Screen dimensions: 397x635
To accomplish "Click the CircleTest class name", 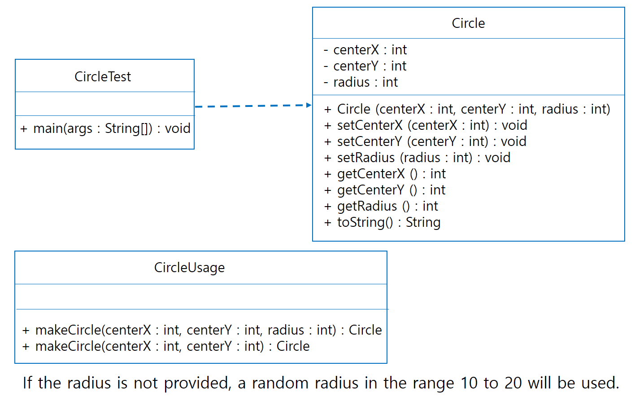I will click(103, 77).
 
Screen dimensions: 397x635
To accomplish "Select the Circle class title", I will click(468, 23).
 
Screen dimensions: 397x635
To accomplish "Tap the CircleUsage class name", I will click(189, 268).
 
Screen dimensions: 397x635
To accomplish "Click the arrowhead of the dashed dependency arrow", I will click(309, 105).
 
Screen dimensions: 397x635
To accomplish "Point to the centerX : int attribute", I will click(365, 50).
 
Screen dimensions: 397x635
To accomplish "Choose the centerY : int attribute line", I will click(365, 66).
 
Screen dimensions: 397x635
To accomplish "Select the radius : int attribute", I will click(361, 82).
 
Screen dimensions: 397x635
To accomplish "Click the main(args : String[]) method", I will click(105, 128).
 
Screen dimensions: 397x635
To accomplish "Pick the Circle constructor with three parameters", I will click(467, 109).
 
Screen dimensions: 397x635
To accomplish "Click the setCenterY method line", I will click(425, 141).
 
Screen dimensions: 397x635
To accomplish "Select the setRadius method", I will click(417, 158).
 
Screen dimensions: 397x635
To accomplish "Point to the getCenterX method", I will click(385, 174).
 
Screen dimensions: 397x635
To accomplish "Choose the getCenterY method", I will click(384, 190).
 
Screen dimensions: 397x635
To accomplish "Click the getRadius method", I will click(381, 206).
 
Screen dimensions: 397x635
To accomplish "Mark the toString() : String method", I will click(382, 222).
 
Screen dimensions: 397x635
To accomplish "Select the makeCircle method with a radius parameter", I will click(202, 330).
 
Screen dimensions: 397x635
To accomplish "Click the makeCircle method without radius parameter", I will click(166, 346).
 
